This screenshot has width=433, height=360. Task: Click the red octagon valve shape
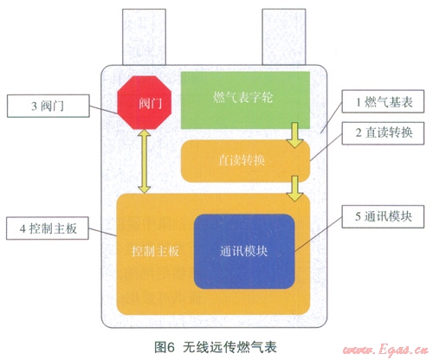[x=145, y=102]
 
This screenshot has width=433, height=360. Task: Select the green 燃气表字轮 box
[x=245, y=100]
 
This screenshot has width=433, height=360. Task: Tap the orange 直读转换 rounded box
[x=245, y=161]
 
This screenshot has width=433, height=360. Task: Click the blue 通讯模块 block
[x=244, y=251]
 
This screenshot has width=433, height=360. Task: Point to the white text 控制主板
[x=155, y=252]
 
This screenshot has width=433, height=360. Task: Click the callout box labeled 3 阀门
[x=48, y=106]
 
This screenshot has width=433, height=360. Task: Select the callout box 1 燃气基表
[x=383, y=101]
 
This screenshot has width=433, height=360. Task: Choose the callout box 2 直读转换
[x=383, y=133]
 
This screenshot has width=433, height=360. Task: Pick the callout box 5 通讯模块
[x=383, y=216]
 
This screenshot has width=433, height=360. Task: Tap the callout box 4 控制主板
[x=48, y=228]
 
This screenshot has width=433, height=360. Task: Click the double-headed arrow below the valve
[x=145, y=161]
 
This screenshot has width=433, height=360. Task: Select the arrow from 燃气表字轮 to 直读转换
[x=294, y=135]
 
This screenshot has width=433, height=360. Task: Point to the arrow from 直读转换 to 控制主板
[x=294, y=189]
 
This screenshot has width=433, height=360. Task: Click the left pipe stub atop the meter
[x=144, y=37]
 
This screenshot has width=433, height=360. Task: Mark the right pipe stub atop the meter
[x=284, y=37]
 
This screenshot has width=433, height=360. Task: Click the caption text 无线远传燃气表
[x=230, y=347]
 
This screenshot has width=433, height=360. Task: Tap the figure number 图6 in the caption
[x=165, y=347]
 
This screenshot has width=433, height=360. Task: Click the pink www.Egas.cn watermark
[x=385, y=350]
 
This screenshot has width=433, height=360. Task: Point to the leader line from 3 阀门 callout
[x=104, y=110]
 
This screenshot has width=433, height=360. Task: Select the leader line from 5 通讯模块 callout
[x=319, y=235]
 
